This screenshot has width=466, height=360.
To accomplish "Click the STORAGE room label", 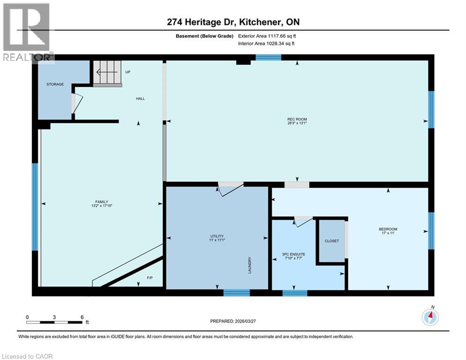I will (55, 84).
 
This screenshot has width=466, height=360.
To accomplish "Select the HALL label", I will (141, 98).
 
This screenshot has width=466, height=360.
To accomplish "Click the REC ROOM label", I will (297, 120).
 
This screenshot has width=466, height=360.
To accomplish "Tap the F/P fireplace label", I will (150, 278).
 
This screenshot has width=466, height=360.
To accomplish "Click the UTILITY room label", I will (217, 236).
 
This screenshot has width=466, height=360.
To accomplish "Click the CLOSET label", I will (332, 241).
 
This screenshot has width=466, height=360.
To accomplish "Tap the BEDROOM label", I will (388, 229).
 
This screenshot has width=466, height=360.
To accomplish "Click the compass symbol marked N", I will (430, 317).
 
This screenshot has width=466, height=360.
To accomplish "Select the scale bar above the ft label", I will (54, 322).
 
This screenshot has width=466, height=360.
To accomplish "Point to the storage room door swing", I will (77, 103).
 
